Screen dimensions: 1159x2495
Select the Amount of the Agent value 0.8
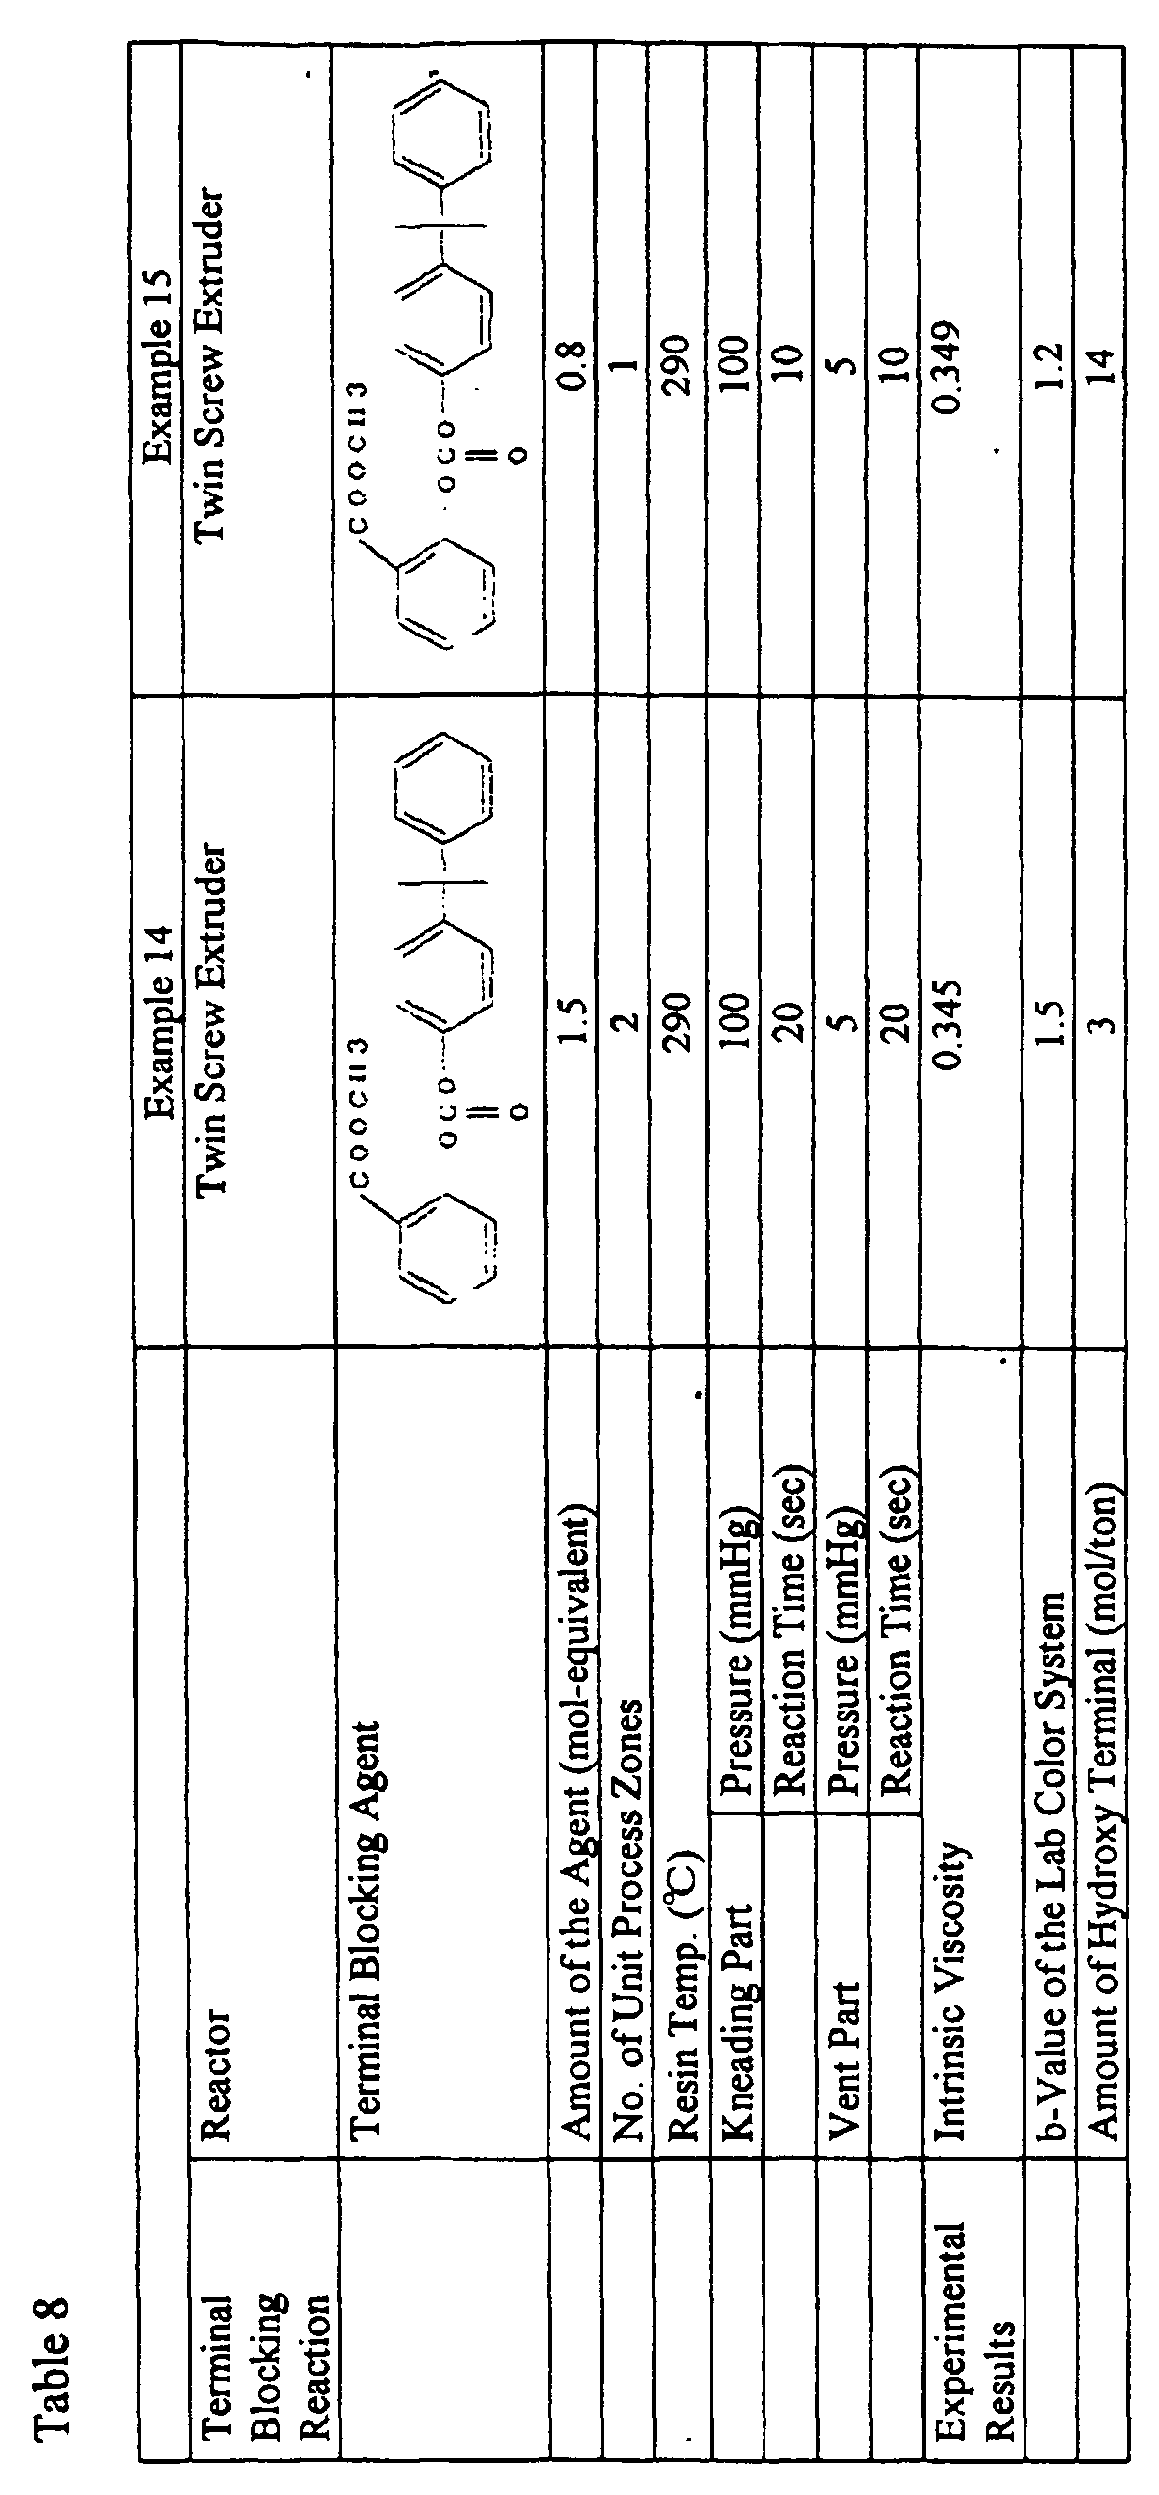[x=573, y=365]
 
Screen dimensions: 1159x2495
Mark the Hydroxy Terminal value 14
[x=1099, y=365]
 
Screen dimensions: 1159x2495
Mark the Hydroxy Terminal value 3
[x=1099, y=1023]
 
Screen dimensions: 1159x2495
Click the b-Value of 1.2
[x=1046, y=365]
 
